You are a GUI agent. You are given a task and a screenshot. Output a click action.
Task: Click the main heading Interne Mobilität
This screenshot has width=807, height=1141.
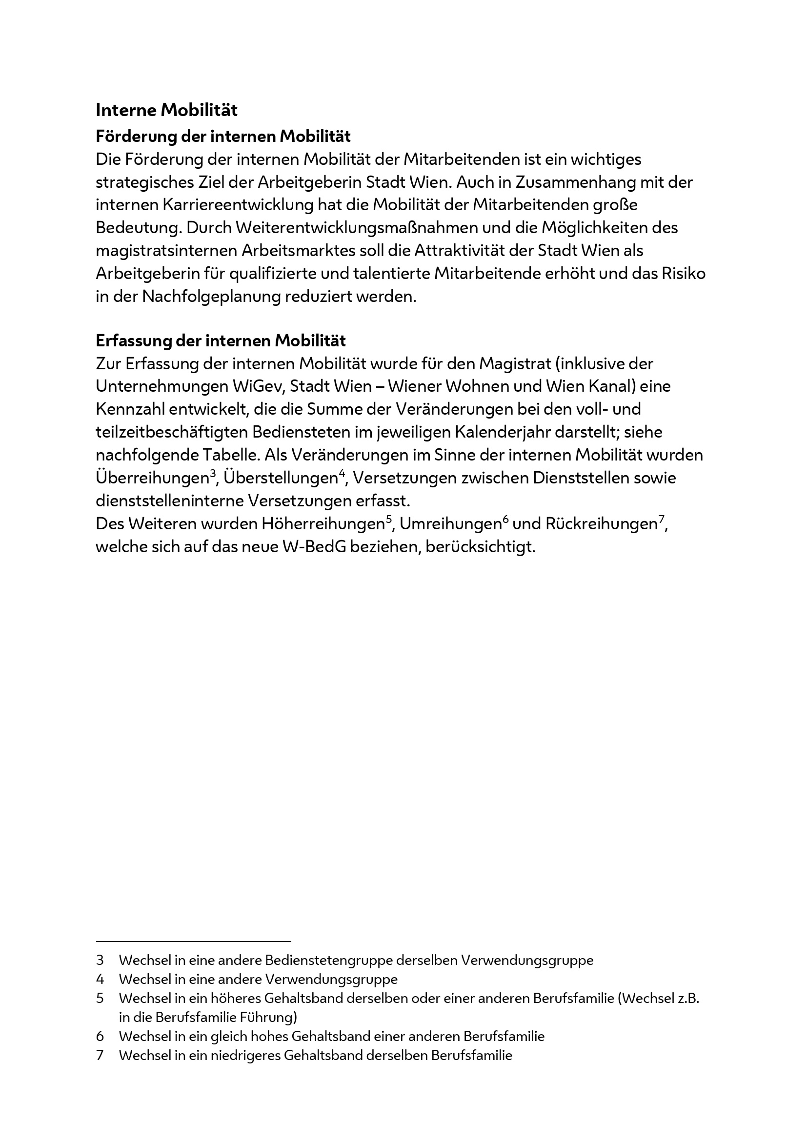point(166,110)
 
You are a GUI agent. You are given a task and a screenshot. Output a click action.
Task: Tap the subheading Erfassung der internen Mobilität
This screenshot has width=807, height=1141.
point(221,341)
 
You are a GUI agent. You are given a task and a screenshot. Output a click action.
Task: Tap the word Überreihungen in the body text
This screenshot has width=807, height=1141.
point(152,478)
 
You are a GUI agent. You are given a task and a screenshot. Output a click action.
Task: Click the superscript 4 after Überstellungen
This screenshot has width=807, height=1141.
point(342,474)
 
